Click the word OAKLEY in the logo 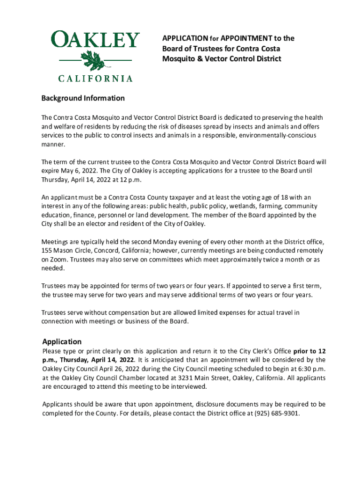(x=95, y=40)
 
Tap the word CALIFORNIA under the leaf (x=95, y=79)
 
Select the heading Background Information (x=83, y=98)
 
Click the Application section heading (x=62, y=341)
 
